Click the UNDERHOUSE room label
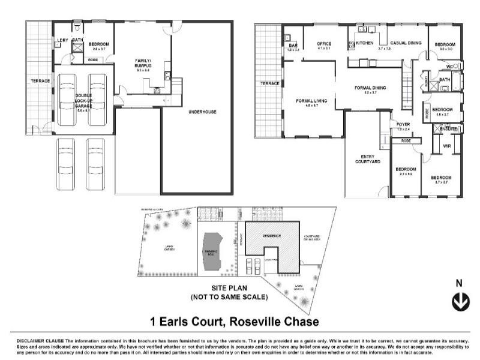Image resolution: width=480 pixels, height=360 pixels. [x=202, y=112]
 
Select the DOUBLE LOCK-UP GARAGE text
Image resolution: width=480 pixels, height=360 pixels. [x=83, y=103]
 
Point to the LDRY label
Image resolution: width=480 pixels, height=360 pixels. [x=62, y=41]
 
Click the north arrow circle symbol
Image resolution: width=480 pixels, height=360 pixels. [x=460, y=302]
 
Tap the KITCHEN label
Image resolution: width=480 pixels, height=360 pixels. [x=365, y=43]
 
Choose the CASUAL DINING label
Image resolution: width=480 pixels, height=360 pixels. [x=406, y=43]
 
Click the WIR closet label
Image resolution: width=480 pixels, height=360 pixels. [x=447, y=146]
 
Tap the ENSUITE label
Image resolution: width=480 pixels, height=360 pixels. [x=448, y=128]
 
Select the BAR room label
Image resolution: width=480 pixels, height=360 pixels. [x=293, y=45]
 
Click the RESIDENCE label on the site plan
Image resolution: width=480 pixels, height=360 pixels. [x=271, y=236]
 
